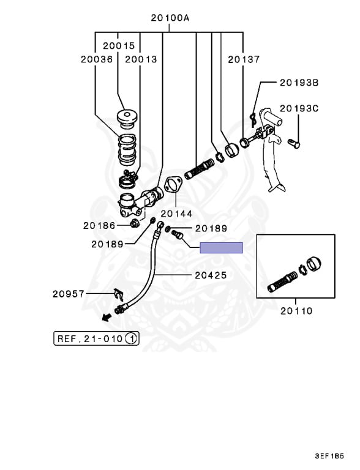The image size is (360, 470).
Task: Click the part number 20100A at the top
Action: (170, 18)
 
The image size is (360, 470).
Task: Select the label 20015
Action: (119, 46)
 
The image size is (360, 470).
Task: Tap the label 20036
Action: (97, 59)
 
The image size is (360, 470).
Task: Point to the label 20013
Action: (141, 59)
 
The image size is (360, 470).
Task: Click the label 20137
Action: (244, 59)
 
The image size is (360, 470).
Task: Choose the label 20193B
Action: (299, 83)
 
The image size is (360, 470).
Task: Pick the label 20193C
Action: (299, 108)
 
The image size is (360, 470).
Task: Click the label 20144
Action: (176, 214)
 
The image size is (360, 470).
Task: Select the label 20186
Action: (99, 225)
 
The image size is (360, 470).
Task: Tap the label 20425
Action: (211, 275)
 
